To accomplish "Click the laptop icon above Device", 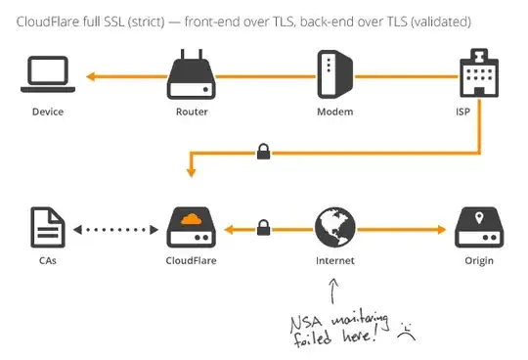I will click(x=47, y=75).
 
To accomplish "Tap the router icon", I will click(x=191, y=75).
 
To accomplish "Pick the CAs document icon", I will click(x=47, y=228).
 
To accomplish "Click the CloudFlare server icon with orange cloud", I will click(x=191, y=228).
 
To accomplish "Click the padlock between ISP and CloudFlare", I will click(x=262, y=151).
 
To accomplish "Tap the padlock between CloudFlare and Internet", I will click(x=262, y=228).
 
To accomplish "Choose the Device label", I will click(x=47, y=112).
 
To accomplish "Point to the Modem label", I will click(x=334, y=112).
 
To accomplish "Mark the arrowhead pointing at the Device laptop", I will click(x=90, y=75).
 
